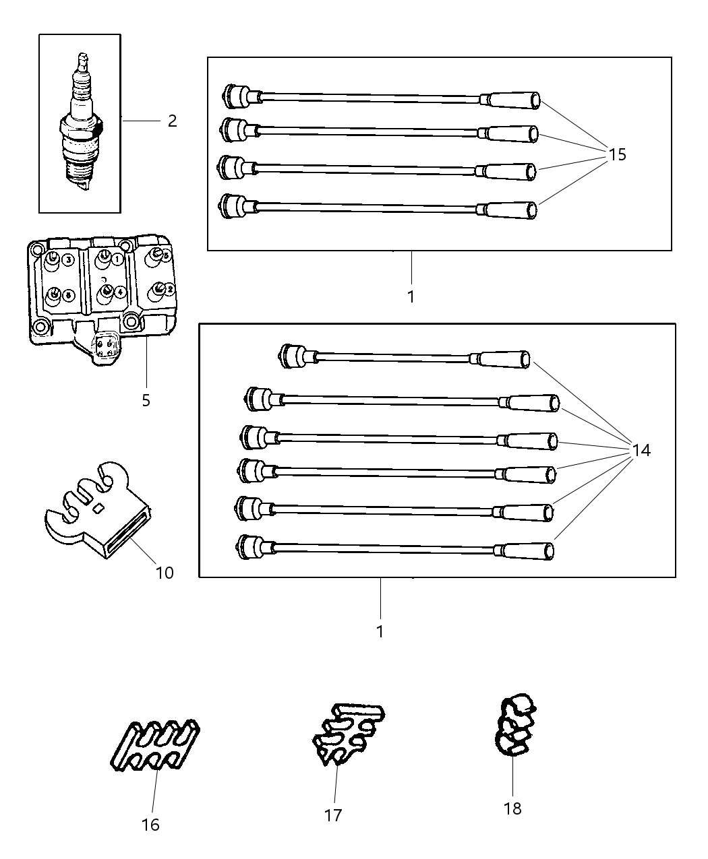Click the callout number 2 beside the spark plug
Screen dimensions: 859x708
pyautogui.click(x=172, y=121)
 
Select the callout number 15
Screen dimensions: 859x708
pyautogui.click(x=617, y=155)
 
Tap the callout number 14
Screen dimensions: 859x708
pyautogui.click(x=641, y=450)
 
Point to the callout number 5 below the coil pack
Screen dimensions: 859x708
pyautogui.click(x=146, y=401)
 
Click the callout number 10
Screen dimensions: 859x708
pyautogui.click(x=165, y=573)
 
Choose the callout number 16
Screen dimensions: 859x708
pyautogui.click(x=150, y=825)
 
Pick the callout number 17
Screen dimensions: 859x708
pyautogui.click(x=333, y=815)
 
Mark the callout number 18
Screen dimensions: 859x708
pyautogui.click(x=512, y=808)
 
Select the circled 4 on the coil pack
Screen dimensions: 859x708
pyautogui.click(x=119, y=292)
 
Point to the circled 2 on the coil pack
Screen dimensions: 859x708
pyautogui.click(x=169, y=289)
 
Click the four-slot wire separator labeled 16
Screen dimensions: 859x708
pyautogui.click(x=155, y=745)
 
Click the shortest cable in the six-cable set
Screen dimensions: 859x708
pyautogui.click(x=405, y=357)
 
